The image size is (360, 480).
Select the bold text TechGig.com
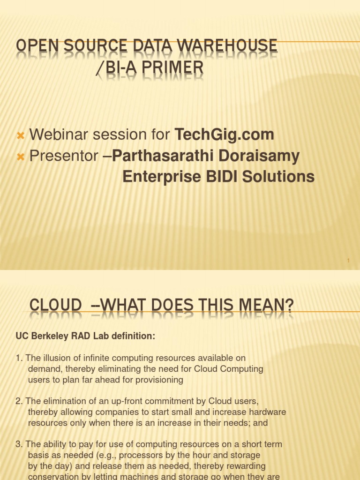tap(224, 135)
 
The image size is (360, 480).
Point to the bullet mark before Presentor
tap(20, 157)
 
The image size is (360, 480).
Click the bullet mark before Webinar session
tap(20, 135)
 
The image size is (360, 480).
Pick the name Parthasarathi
tap(162, 156)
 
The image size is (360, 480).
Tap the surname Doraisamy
tap(256, 156)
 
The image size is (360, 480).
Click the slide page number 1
tap(349, 261)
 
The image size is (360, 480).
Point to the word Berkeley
tap(49, 336)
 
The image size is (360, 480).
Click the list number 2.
tap(18, 401)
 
